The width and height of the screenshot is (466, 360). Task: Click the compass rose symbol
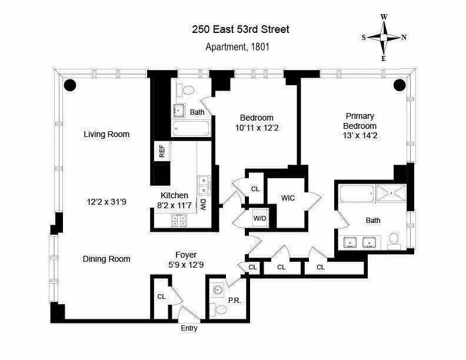[384, 37]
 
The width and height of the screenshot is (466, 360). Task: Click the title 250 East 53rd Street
[240, 29]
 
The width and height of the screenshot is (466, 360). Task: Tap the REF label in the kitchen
[162, 151]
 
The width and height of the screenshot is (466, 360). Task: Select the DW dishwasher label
[202, 204]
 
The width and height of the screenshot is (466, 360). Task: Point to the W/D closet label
[259, 219]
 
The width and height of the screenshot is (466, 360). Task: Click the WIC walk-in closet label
[288, 198]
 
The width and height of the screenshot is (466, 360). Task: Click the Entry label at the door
[188, 328]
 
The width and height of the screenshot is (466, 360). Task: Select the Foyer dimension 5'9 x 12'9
[185, 265]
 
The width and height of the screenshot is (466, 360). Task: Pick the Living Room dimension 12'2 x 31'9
[106, 202]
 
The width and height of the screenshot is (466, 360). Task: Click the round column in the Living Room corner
[70, 85]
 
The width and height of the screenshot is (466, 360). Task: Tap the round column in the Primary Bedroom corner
[400, 85]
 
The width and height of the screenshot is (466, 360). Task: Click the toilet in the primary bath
[394, 240]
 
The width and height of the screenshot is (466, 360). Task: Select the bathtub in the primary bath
[357, 193]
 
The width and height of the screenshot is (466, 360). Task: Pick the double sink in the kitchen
[204, 185]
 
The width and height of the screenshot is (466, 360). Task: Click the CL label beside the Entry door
[161, 297]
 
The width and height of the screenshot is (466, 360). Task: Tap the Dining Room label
[106, 259]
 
